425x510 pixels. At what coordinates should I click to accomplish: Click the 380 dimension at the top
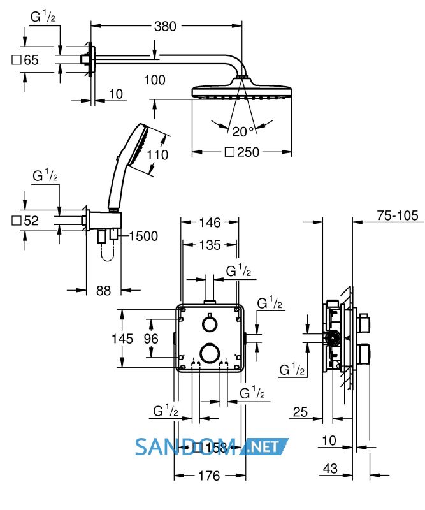(x=165, y=26)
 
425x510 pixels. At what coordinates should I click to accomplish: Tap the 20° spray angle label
(x=243, y=131)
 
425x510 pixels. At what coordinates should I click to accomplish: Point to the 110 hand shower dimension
(x=157, y=155)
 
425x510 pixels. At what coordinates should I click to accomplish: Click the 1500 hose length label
(x=143, y=236)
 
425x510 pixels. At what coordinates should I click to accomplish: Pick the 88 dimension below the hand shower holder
(x=103, y=291)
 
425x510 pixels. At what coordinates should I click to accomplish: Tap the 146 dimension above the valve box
(x=210, y=222)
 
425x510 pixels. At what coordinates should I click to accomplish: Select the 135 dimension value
(x=210, y=245)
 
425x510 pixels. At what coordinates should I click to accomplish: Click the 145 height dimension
(x=122, y=339)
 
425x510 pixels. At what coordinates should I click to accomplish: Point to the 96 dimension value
(x=151, y=339)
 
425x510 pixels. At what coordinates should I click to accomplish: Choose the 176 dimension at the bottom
(x=209, y=476)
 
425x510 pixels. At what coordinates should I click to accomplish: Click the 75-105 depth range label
(x=398, y=215)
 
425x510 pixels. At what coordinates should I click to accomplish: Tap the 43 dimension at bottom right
(x=330, y=469)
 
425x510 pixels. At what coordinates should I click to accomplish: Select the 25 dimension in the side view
(x=300, y=412)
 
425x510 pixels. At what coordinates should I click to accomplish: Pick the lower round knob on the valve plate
(x=210, y=353)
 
